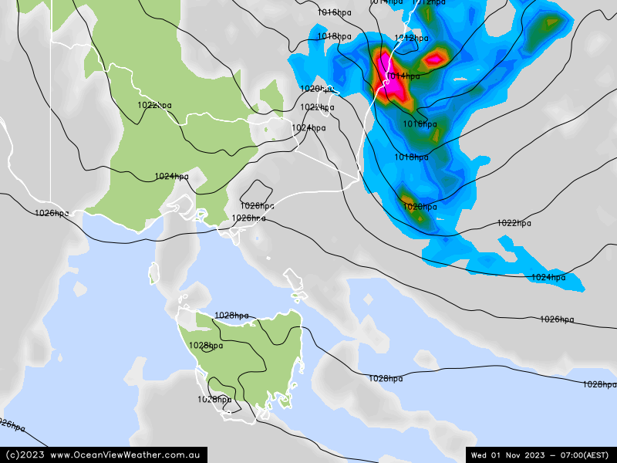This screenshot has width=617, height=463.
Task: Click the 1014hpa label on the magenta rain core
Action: (403, 76)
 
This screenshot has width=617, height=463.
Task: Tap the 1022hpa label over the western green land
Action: (154, 105)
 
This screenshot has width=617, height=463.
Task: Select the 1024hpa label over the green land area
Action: (171, 177)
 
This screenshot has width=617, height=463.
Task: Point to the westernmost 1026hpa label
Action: (52, 213)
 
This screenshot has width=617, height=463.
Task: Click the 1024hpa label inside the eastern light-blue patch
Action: (548, 277)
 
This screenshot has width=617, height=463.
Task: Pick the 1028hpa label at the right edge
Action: (599, 384)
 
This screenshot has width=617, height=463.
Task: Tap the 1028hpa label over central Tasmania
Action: (206, 346)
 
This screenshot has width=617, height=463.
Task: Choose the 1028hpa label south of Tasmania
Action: (214, 400)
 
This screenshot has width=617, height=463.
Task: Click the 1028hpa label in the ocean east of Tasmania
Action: (386, 378)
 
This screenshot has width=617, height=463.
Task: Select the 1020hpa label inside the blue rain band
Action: (420, 207)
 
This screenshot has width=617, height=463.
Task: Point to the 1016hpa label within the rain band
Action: (420, 124)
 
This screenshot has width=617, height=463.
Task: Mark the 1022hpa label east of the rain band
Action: (514, 223)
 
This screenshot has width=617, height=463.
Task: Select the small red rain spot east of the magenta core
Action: (436, 57)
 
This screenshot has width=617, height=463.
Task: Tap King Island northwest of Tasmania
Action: (153, 272)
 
